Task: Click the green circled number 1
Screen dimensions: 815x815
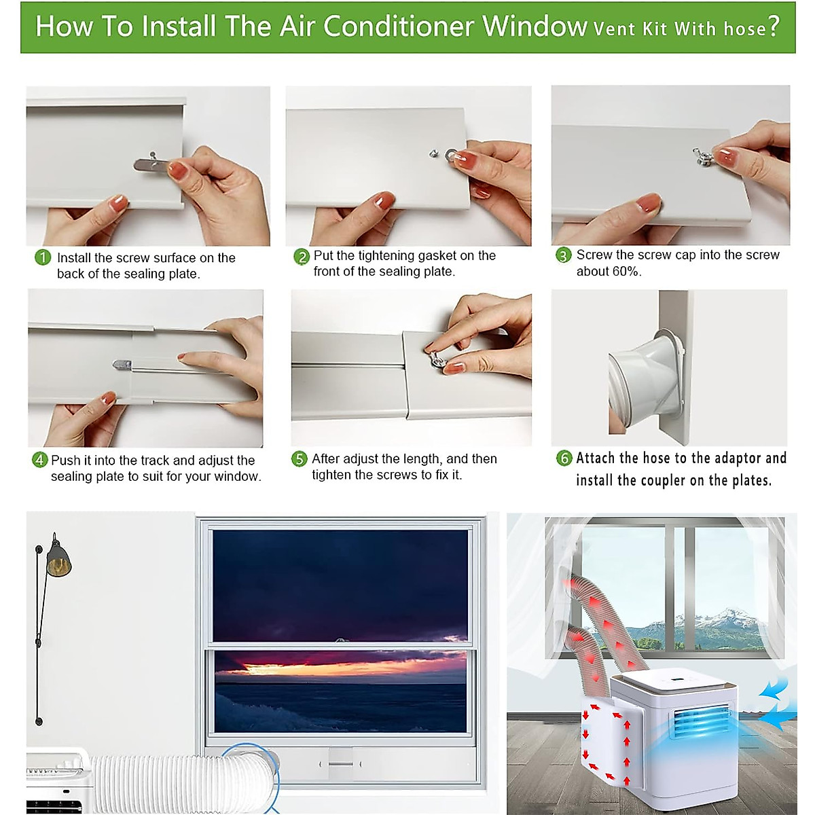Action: (x=43, y=257)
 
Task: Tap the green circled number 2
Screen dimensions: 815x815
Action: (x=302, y=257)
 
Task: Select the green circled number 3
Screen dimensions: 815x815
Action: (x=564, y=255)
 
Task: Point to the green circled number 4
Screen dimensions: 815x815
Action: (x=40, y=460)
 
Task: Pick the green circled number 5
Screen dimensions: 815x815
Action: (x=300, y=459)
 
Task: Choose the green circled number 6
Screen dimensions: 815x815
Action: (x=564, y=458)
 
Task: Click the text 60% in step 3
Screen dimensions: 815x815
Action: (x=626, y=272)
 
